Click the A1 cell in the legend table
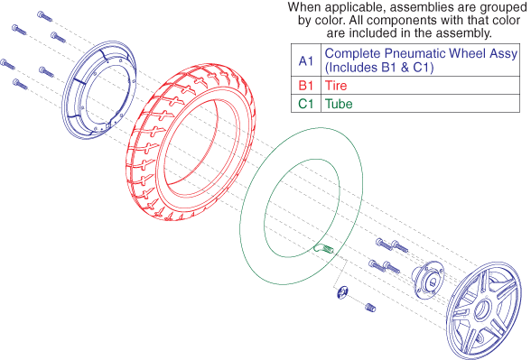(x=306, y=61)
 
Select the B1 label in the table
(x=306, y=85)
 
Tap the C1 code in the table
(x=306, y=104)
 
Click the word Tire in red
(x=336, y=85)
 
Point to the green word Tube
(x=339, y=104)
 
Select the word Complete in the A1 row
(x=352, y=54)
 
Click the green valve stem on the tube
(x=323, y=249)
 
